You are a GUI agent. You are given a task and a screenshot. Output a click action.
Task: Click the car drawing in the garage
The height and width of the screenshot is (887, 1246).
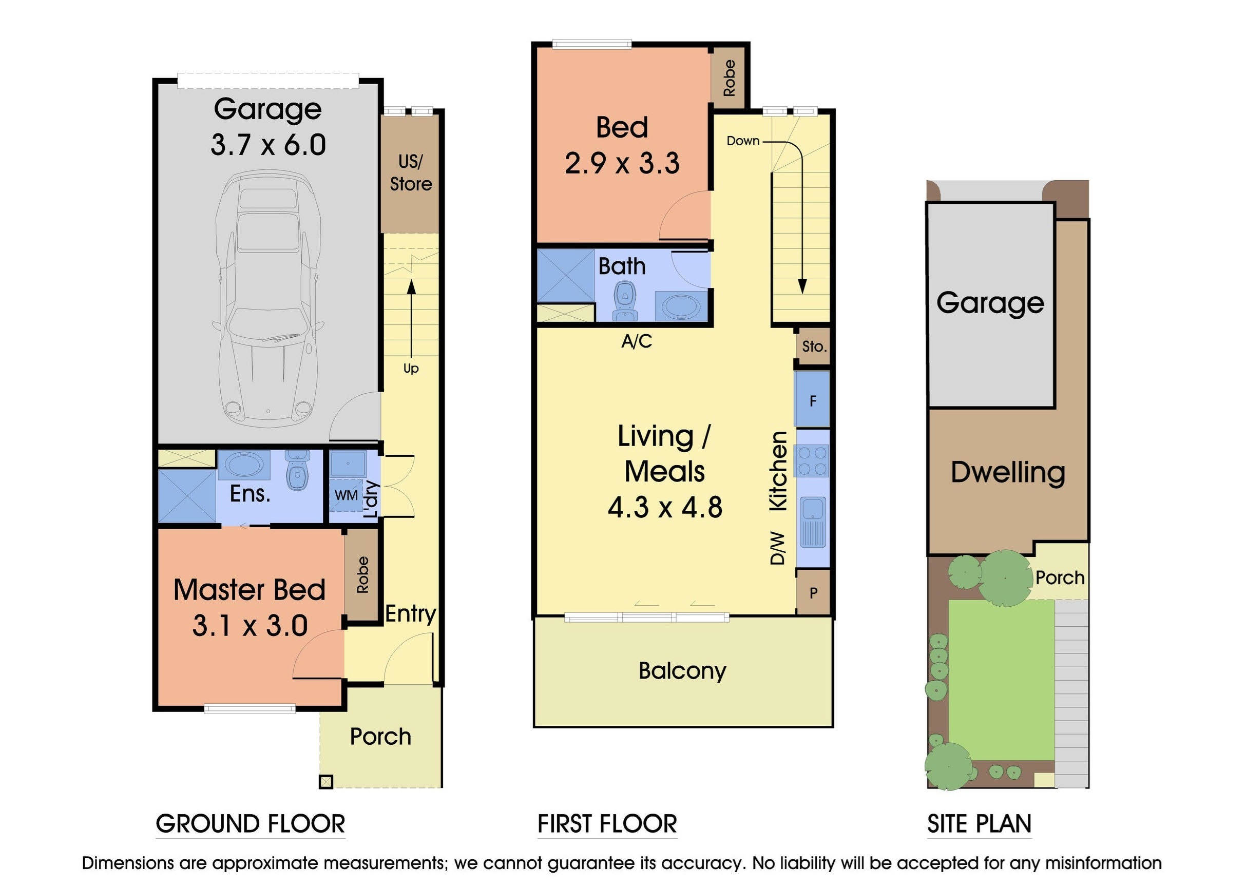point(267,300)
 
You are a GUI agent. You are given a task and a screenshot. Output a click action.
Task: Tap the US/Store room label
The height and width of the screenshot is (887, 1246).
point(410,172)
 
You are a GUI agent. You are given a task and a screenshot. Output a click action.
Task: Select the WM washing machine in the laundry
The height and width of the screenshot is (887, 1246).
point(347,495)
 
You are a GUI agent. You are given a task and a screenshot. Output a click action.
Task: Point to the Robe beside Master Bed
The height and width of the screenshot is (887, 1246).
point(362,574)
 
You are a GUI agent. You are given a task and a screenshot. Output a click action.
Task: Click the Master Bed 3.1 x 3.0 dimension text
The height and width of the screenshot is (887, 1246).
point(250,625)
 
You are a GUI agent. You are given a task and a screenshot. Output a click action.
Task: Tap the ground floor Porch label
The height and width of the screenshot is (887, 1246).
point(380,737)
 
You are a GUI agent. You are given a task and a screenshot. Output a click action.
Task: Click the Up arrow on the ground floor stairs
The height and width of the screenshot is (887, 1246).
point(411,322)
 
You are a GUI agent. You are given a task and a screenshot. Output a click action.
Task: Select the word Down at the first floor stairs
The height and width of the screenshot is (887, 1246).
point(742,141)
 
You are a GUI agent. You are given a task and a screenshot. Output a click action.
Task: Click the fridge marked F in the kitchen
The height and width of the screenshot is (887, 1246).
point(812,401)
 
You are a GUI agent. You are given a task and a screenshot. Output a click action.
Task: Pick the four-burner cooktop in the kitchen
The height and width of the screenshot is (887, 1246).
point(813,460)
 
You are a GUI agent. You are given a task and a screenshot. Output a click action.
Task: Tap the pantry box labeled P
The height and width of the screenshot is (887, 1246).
point(813,592)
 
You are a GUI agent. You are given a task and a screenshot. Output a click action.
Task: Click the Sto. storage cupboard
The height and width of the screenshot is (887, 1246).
point(813,346)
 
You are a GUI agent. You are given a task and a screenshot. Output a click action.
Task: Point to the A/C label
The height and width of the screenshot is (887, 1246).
point(637,341)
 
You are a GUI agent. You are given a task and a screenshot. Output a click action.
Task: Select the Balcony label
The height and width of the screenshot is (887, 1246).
point(682,671)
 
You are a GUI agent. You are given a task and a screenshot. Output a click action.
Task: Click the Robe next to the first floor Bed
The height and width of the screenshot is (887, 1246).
point(729,78)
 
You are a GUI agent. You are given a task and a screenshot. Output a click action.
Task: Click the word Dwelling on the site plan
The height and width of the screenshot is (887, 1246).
point(1007,472)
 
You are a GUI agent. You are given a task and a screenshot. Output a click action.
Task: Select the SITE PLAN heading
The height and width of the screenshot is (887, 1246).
point(979,824)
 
